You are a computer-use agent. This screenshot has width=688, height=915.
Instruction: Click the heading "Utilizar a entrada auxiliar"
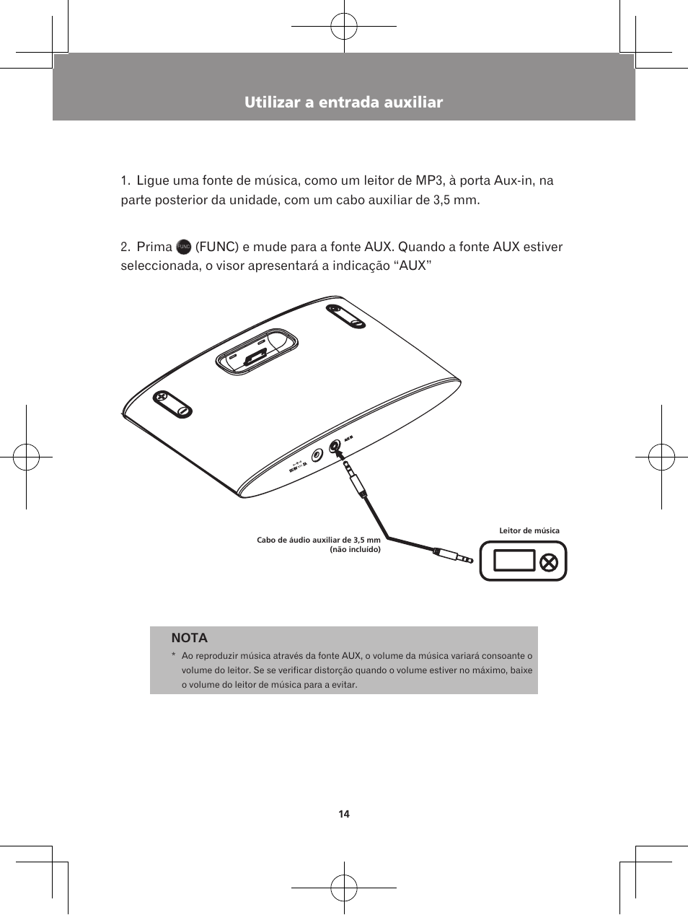coord(343,102)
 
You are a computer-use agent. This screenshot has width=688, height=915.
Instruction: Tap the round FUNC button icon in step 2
coord(183,247)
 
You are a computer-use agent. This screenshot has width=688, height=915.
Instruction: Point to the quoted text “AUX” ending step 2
coord(414,266)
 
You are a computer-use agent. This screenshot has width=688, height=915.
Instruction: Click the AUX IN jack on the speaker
coord(335,447)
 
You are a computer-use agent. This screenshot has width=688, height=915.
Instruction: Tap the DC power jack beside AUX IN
coord(317,456)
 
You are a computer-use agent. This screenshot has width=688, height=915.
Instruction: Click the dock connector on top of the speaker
coord(255,356)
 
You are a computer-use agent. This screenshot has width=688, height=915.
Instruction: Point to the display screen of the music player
coord(514,561)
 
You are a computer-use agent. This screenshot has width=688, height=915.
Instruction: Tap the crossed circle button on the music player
coord(550,561)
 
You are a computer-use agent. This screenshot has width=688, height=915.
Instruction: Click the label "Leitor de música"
coord(529,531)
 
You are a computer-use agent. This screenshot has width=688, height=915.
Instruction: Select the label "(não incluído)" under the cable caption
coord(355,549)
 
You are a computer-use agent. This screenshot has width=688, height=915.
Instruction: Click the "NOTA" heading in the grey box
coord(190,638)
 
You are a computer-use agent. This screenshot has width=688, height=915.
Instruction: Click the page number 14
coord(344,814)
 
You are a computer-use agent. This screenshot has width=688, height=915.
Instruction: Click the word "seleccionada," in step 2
coord(161,266)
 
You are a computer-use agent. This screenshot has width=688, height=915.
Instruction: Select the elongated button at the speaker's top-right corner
coord(346,316)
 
